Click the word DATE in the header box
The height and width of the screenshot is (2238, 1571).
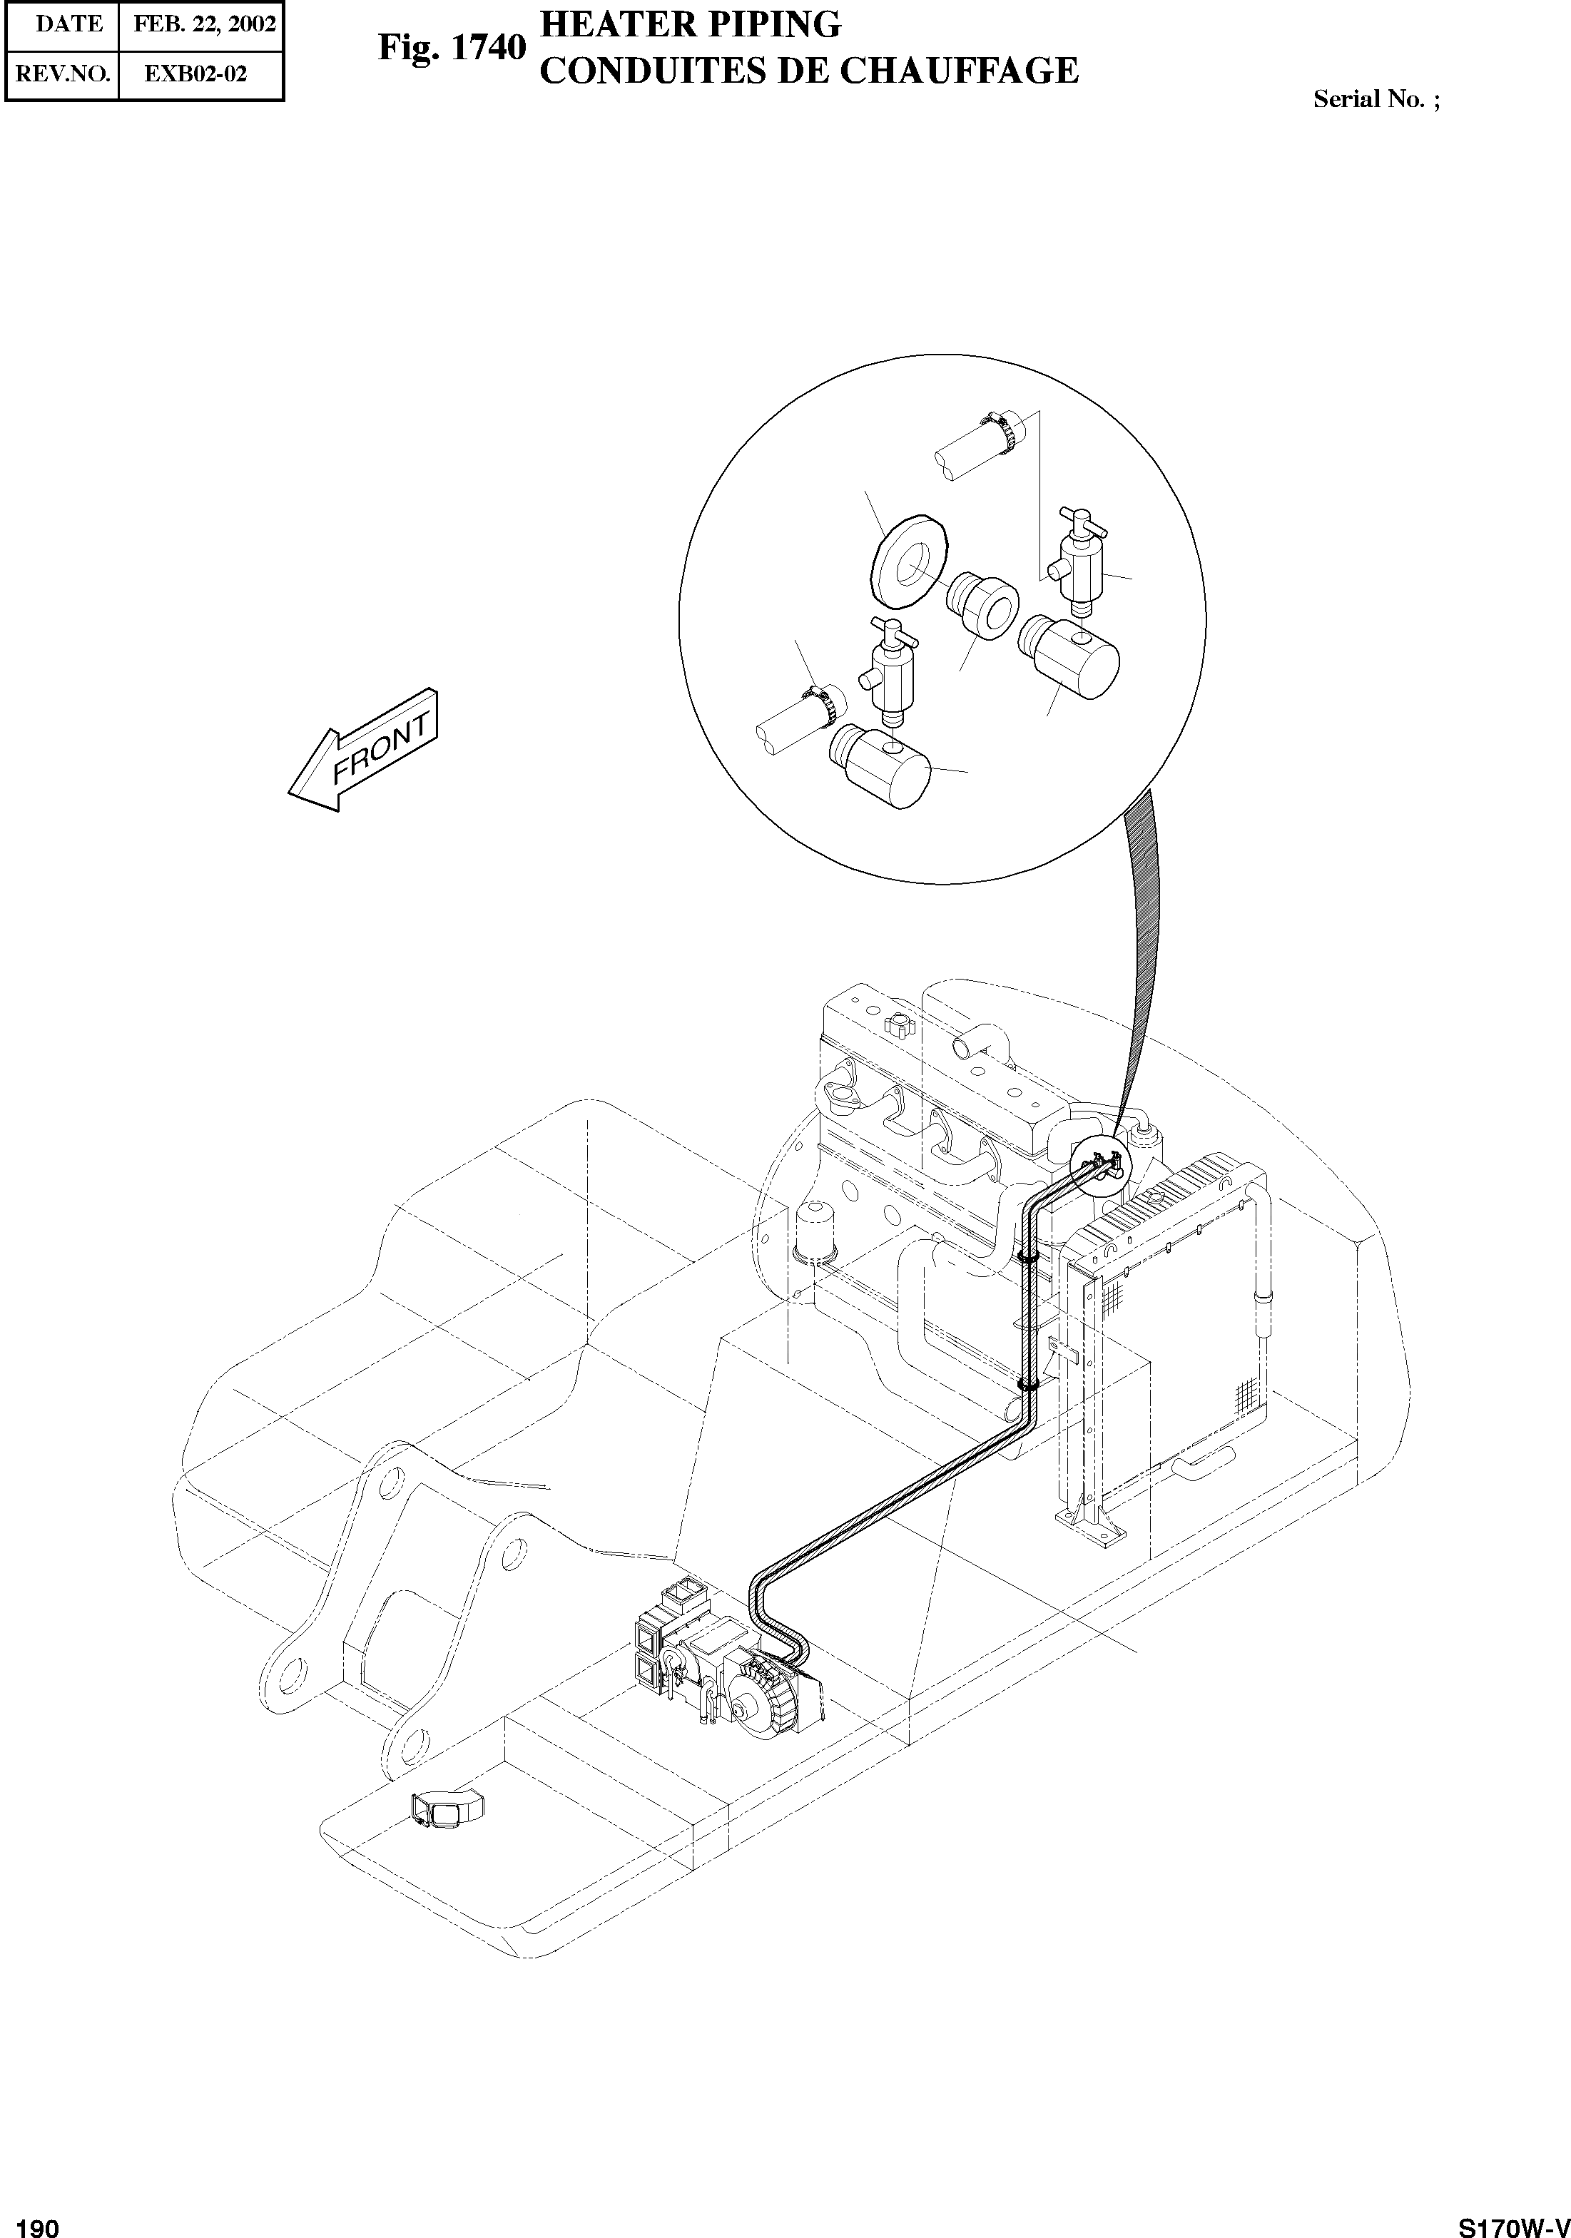click(x=69, y=24)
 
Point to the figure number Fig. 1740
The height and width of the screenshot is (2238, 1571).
click(x=451, y=47)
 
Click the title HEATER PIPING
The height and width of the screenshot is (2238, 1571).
click(x=690, y=24)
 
